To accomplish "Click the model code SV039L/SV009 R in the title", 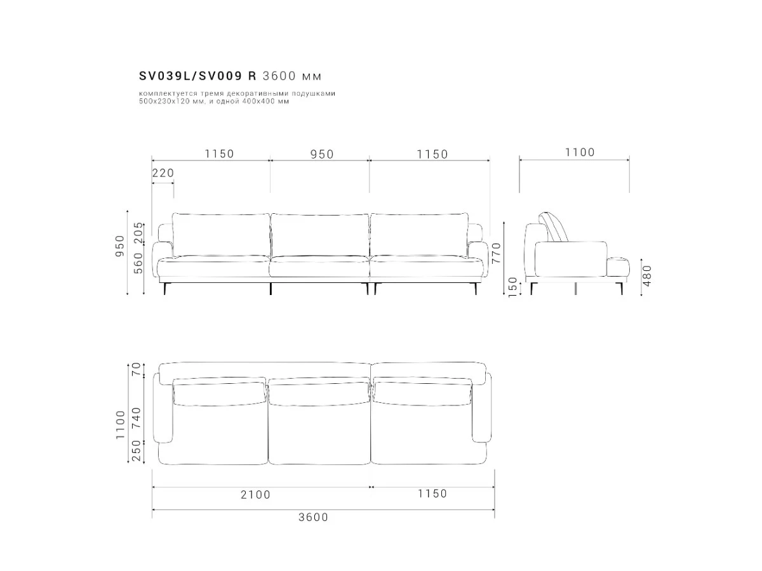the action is [197, 76].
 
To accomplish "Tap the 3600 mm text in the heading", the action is [292, 76].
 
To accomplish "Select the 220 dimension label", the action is [163, 173].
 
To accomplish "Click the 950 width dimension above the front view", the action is [322, 154].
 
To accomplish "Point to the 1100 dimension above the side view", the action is [580, 152].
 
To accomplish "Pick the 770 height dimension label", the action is [496, 253].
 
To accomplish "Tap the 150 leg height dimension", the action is [512, 287].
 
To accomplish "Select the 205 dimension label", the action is [138, 233].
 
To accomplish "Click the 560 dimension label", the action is [138, 263].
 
